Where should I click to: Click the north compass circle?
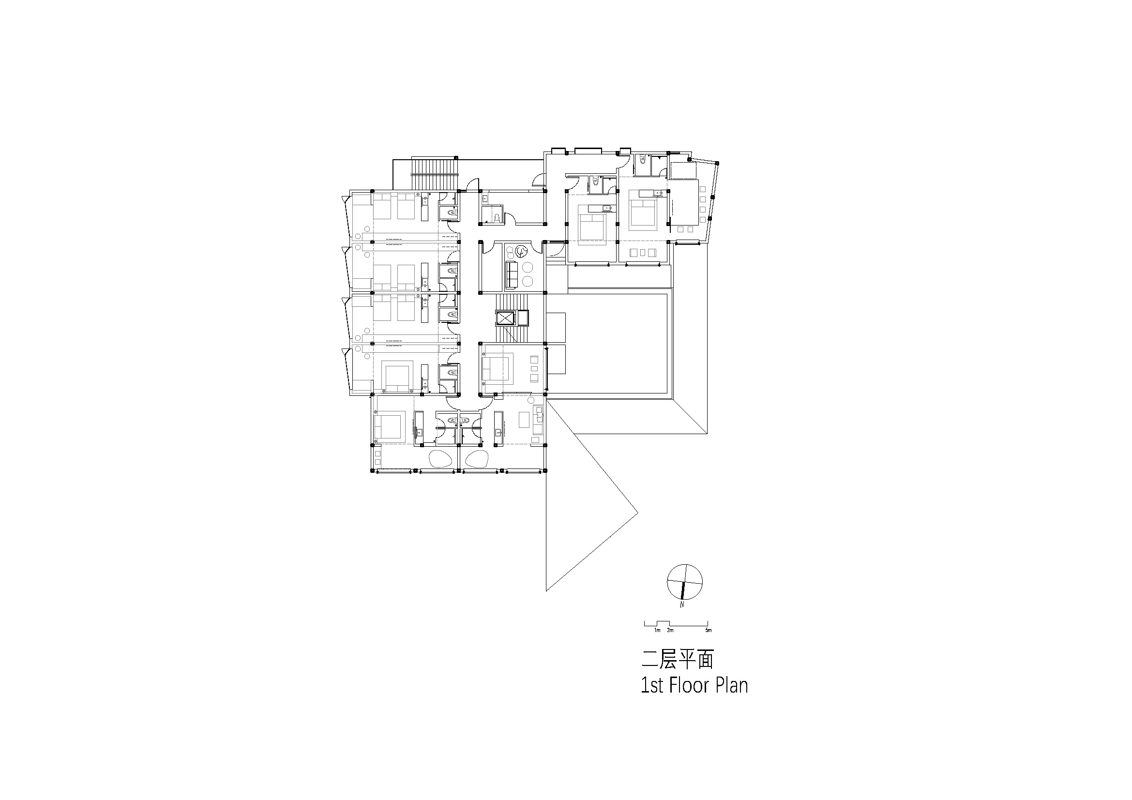click(x=684, y=582)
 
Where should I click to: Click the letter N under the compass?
click(x=682, y=605)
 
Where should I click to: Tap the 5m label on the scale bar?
click(x=708, y=631)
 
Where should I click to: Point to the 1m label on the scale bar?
click(x=657, y=631)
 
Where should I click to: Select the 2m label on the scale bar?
click(x=670, y=631)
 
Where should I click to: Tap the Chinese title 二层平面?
click(x=677, y=660)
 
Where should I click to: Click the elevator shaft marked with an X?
click(x=505, y=318)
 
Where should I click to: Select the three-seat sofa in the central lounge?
click(x=511, y=274)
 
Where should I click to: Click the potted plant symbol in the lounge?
click(x=521, y=252)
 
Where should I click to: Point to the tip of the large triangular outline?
click(x=638, y=513)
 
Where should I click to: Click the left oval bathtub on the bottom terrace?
click(x=441, y=459)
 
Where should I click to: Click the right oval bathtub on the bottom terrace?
click(x=476, y=459)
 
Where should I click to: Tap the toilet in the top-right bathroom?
click(x=642, y=159)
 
